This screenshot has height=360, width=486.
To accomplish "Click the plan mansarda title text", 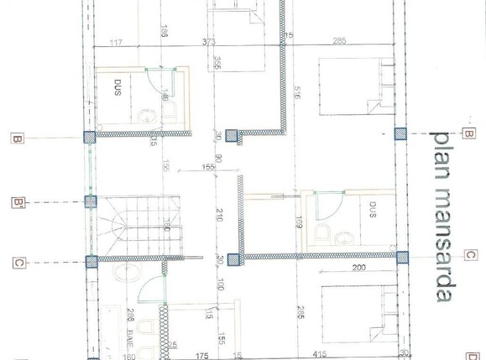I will tap(443, 216).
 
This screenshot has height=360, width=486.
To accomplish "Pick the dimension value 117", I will tap(116, 41).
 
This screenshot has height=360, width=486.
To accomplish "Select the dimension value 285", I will tap(340, 41).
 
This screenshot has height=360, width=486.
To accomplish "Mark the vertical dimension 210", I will tap(219, 214).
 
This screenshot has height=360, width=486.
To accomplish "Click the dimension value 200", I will tap(358, 269).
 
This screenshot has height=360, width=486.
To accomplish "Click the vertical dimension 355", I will tap(217, 64).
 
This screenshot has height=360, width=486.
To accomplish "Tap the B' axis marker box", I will tap(16, 202).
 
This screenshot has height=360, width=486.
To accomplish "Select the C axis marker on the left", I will tap(18, 263).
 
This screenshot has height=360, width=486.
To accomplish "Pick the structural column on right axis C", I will tap(401, 257).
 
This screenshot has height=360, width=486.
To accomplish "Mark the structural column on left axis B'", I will tap(90, 201).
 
